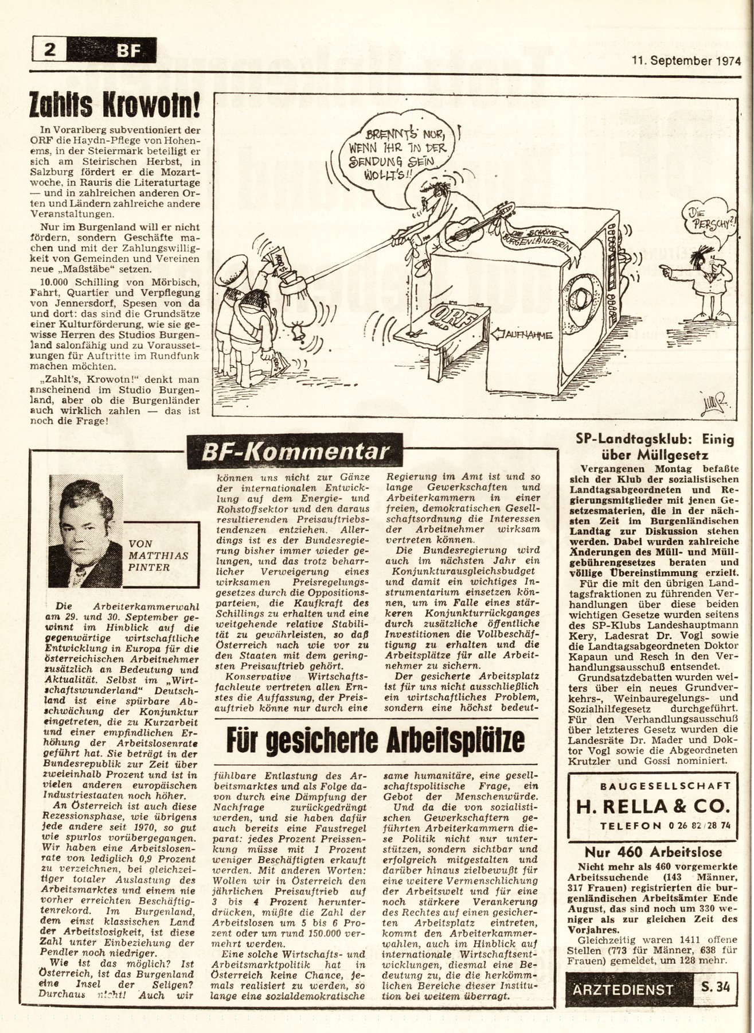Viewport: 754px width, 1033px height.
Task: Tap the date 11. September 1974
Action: click(686, 60)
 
